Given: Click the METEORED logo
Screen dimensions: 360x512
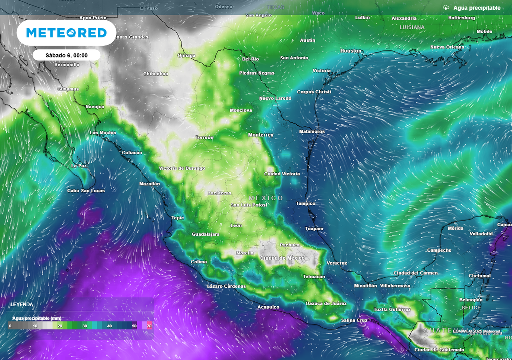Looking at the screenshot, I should (66, 33).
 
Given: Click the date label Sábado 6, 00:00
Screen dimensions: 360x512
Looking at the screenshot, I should (67, 55).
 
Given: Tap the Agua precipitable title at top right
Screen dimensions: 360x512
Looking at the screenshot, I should (476, 8).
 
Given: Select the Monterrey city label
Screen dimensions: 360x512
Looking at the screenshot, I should (261, 135).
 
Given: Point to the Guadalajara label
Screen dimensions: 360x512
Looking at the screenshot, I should (205, 234).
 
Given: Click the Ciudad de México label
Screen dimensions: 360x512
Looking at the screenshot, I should (282, 258).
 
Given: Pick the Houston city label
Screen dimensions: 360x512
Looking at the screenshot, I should (350, 51).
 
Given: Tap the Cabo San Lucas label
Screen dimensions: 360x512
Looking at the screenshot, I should (86, 190).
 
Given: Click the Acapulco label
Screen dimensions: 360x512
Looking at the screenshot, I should (268, 307).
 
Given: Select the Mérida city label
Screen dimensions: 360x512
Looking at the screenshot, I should (455, 228).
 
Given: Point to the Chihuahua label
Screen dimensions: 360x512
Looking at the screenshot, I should (156, 74).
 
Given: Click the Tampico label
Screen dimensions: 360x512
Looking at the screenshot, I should (305, 203).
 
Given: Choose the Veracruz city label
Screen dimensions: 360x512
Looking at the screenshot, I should (336, 263).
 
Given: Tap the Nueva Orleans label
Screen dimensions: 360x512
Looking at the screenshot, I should (447, 47).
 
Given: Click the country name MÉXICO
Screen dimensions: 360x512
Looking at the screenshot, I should (266, 198).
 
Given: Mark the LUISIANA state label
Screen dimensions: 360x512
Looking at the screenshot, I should (412, 27).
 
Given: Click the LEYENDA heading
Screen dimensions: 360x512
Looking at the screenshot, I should (22, 304).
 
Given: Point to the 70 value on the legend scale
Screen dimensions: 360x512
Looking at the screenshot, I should (149, 326).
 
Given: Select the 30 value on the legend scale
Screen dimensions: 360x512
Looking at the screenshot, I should (85, 326).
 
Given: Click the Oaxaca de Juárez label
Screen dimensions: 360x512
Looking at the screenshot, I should (326, 303).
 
